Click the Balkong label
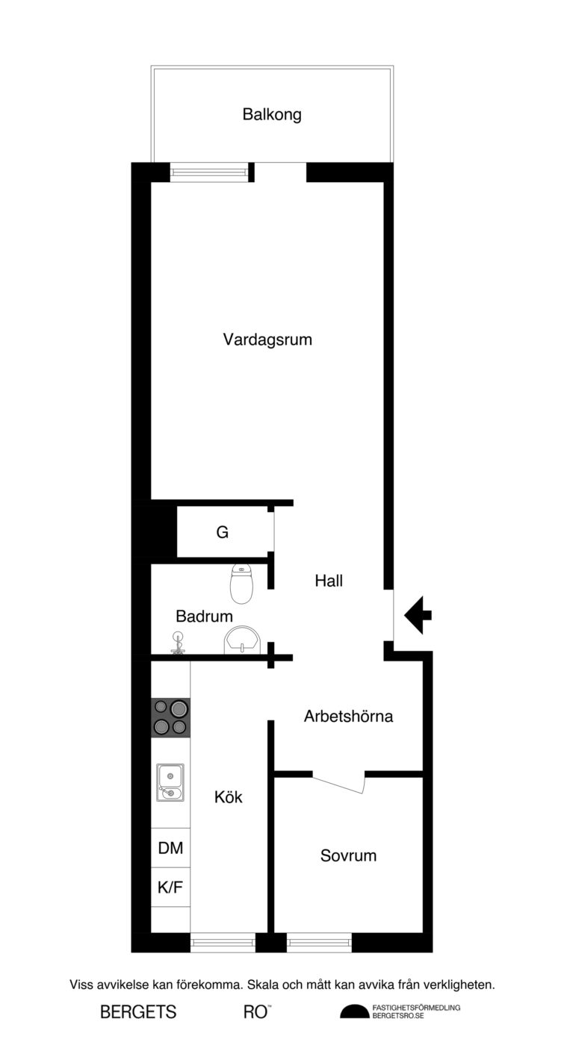[x=272, y=115]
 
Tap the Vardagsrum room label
[x=267, y=340]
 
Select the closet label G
[x=223, y=531]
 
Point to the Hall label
[x=329, y=581]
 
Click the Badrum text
[x=204, y=617]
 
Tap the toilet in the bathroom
[x=242, y=583]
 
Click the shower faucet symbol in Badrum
[x=177, y=643]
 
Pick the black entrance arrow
[x=418, y=615]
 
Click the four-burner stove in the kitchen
[x=170, y=718]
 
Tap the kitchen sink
[x=170, y=783]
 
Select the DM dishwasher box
[x=170, y=848]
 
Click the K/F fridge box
[x=170, y=887]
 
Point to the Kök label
[x=229, y=797]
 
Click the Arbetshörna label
[x=348, y=716]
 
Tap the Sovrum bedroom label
[x=348, y=855]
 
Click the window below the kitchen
[x=223, y=942]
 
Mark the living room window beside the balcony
[x=208, y=172]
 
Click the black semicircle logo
[x=354, y=1011]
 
